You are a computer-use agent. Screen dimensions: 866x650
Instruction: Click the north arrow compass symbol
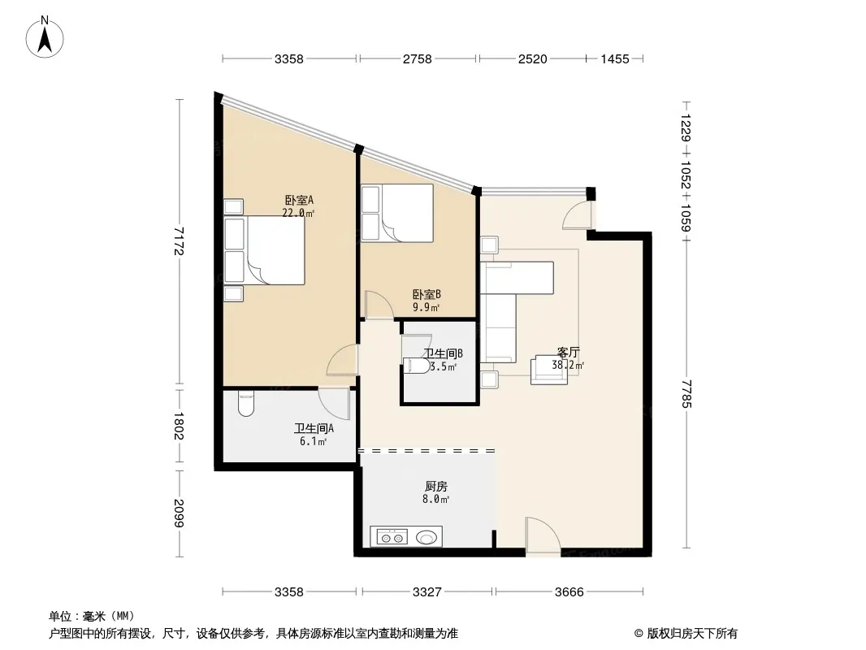tap(45, 37)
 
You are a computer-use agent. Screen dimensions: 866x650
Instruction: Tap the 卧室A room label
tap(299, 200)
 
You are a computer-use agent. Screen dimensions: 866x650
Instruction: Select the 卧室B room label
tap(427, 295)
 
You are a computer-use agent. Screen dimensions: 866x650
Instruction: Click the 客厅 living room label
tap(569, 353)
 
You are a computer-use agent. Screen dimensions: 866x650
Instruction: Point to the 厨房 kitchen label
tap(436, 487)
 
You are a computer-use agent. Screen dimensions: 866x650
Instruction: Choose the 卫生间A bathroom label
tap(314, 428)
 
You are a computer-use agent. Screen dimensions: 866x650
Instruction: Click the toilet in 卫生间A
tap(246, 405)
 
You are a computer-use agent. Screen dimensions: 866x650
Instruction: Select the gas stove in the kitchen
tap(392, 537)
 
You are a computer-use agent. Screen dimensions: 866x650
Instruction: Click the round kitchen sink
tap(427, 537)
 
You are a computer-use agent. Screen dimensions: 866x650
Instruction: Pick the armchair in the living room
tap(549, 370)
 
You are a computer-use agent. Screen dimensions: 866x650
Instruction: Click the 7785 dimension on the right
tap(686, 393)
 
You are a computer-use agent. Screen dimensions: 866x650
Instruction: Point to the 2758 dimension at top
tap(417, 59)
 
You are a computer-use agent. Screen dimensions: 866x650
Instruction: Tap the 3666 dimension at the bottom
tap(569, 592)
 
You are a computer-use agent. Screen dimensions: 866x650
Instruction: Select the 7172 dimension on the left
tap(178, 240)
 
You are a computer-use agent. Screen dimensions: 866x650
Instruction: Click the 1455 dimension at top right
tap(615, 59)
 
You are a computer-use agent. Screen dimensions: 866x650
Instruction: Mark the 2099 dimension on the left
tap(178, 513)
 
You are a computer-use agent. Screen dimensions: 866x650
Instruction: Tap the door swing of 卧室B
tap(379, 305)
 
